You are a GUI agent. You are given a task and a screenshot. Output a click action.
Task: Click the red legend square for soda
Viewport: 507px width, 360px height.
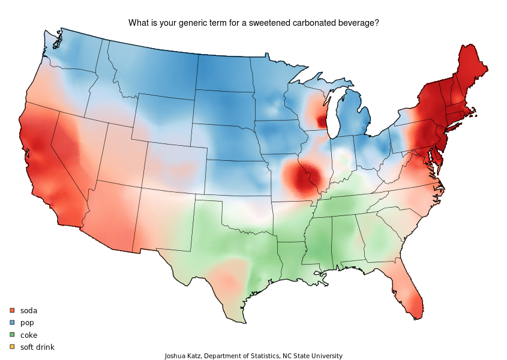point(12,310)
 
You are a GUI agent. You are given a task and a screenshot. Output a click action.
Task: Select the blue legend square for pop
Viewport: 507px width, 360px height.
point(12,322)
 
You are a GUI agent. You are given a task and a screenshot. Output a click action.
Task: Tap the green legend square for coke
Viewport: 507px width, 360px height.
point(12,335)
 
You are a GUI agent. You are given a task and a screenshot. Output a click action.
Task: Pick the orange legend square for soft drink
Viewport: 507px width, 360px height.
point(12,347)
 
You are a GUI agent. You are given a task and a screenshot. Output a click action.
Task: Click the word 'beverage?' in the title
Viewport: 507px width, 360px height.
point(358,23)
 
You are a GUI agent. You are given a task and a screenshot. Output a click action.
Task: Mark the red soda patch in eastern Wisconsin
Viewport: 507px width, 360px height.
point(322,117)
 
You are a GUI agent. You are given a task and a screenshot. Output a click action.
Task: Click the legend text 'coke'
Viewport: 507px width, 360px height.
point(29,335)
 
